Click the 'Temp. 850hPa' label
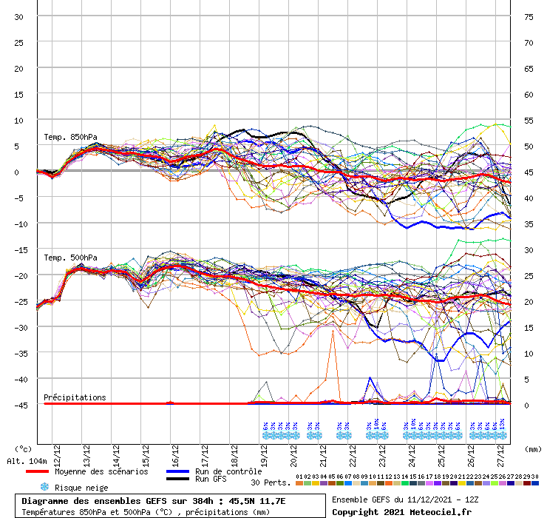coord(70,137)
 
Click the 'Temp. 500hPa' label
coord(70,258)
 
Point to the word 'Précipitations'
coord(75,397)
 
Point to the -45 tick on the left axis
coord(22,405)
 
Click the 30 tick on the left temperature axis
coord(19,16)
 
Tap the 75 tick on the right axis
coord(529,16)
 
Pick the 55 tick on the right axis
coord(529,120)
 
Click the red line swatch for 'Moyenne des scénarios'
coord(37,471)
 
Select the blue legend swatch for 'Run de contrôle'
coord(177,471)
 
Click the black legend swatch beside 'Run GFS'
coord(177,479)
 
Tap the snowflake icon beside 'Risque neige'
coord(44,488)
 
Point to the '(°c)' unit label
coord(23,448)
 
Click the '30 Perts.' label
coord(271,482)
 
